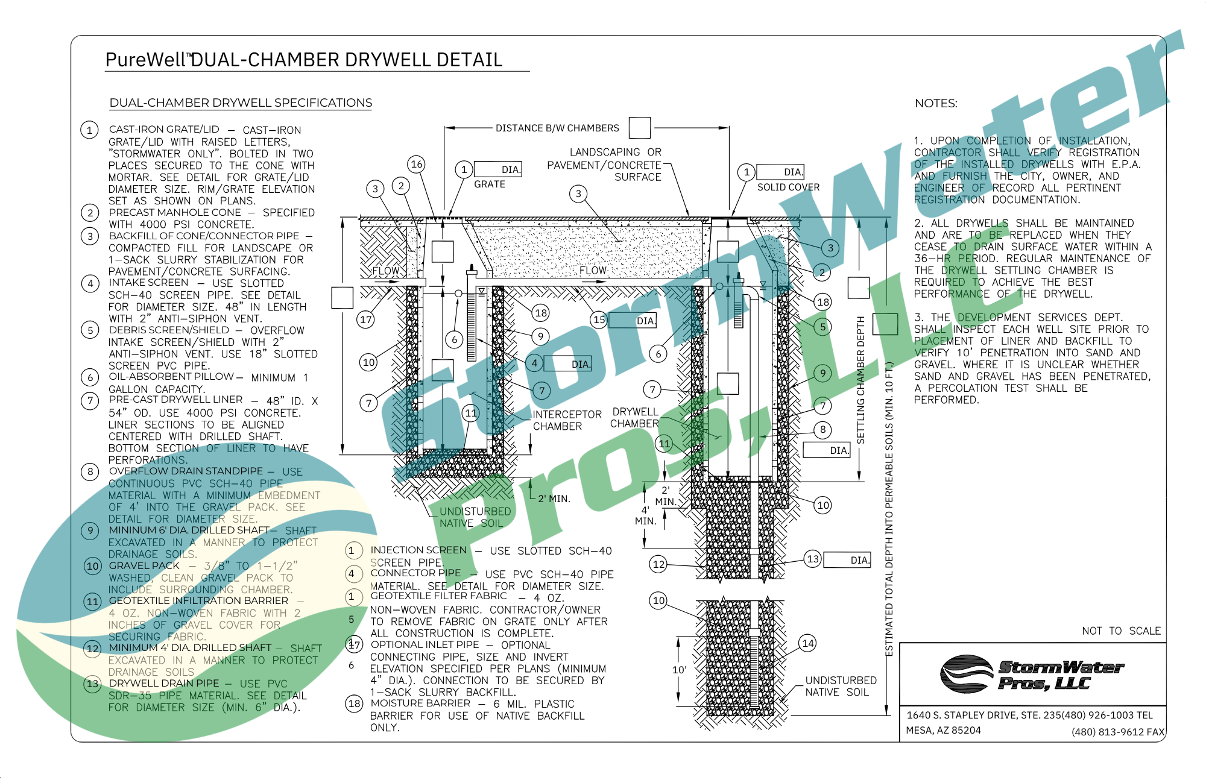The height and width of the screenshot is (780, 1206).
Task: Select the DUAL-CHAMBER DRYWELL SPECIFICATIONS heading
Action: pos(241,103)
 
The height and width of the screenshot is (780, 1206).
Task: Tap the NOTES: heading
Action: pos(936,104)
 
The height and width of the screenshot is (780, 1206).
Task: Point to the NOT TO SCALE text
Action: pos(1121,631)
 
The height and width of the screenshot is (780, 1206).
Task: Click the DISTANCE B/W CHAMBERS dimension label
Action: pos(557,128)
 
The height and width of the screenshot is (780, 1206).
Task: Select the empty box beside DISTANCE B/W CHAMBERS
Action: pos(639,128)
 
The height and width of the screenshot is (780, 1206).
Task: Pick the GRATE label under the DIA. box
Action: pos(489,184)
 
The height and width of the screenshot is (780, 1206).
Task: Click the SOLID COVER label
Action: pos(788,187)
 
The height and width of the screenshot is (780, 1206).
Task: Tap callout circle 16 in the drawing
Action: pos(417,164)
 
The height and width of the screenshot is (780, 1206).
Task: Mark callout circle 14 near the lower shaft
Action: pos(808,644)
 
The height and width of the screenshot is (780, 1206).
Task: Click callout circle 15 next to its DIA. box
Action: pos(599,319)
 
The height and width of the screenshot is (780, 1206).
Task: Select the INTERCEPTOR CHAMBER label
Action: pos(567,420)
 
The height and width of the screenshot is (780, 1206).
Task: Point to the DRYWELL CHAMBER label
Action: pos(635,418)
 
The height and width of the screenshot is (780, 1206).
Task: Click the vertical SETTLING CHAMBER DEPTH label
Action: pos(860,380)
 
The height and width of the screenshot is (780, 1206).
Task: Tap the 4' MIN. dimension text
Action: pos(645,515)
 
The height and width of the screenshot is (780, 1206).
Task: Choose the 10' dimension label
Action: pos(679,670)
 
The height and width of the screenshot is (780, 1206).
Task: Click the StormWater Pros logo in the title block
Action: pos(1032,675)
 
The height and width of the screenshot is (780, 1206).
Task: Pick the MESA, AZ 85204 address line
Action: pos(943,731)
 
